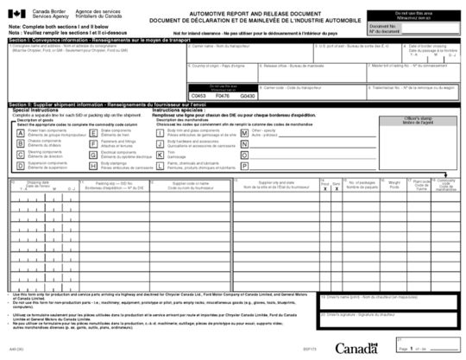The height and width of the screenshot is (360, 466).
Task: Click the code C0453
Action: (198, 96)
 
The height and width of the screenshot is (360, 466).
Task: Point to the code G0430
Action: (248, 96)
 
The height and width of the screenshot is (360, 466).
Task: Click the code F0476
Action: (222, 96)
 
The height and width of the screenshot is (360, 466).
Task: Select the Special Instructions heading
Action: (34, 110)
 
